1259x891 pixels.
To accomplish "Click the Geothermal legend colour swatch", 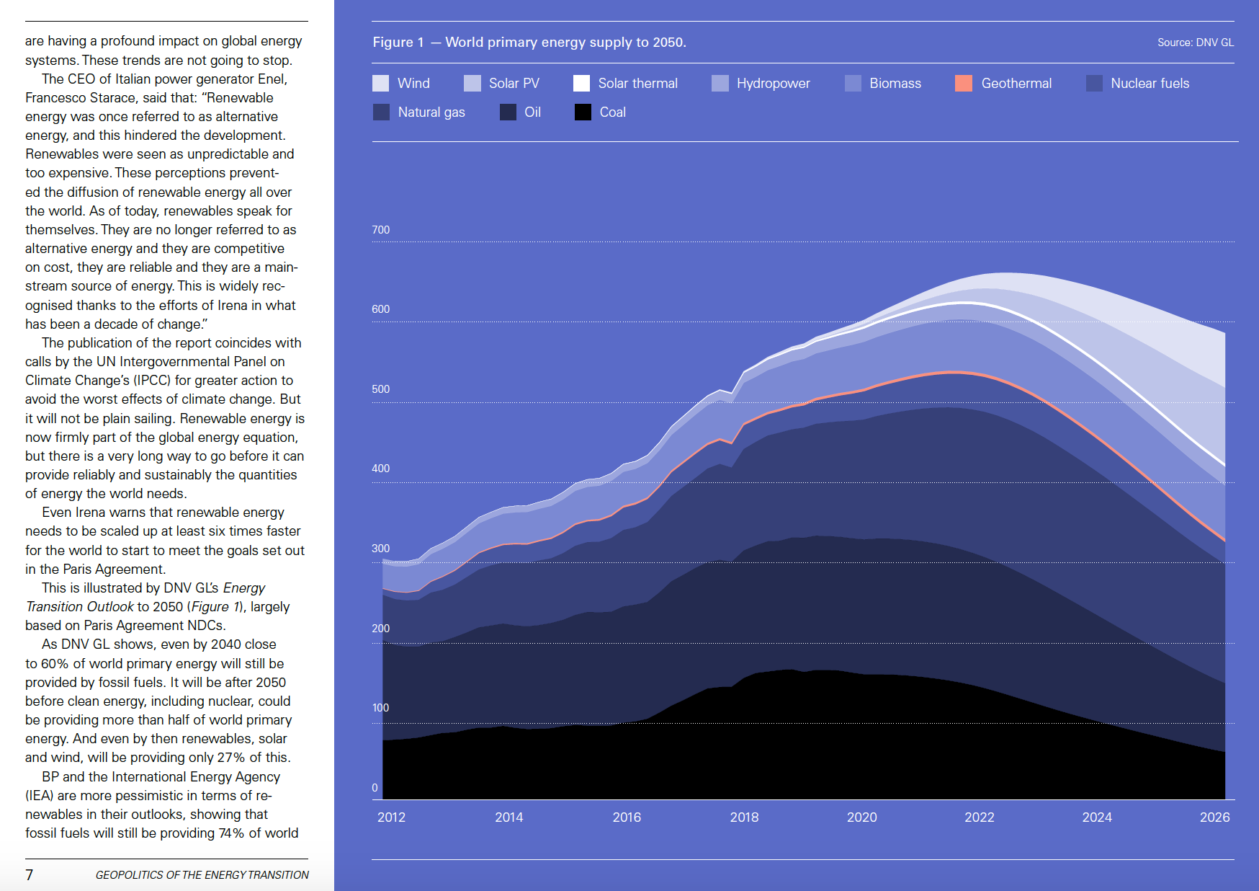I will [x=963, y=84].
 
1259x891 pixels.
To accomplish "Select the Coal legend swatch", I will [x=583, y=112].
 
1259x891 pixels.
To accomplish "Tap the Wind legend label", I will [x=413, y=84].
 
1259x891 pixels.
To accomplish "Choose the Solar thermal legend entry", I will [x=637, y=84].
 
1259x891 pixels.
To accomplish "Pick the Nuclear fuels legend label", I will [x=1150, y=84].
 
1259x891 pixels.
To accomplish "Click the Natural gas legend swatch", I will [x=381, y=112].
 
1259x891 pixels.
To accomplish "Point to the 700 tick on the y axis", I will [x=380, y=230].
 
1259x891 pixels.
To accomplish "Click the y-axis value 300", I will [x=380, y=549].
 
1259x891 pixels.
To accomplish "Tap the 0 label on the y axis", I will [x=375, y=788].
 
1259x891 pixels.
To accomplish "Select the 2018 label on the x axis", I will [x=744, y=817].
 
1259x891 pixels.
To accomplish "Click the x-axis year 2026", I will [x=1214, y=817].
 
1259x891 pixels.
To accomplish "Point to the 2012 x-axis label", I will [x=391, y=817].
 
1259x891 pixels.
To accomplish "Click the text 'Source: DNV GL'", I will [x=1195, y=43].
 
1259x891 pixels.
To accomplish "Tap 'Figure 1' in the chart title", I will [x=398, y=43].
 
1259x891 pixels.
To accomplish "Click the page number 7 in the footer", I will [x=30, y=875].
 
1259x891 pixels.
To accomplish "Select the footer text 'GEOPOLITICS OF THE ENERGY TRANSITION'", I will [x=202, y=875].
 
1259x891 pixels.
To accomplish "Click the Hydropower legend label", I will [x=773, y=84].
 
